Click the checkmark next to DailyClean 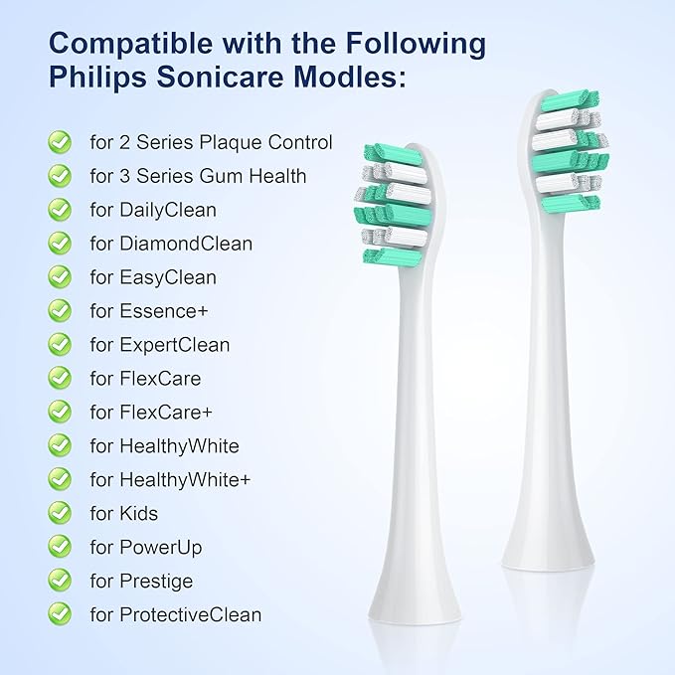point(61,210)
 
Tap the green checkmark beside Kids point(61,514)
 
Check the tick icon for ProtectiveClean point(61,615)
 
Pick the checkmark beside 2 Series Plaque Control point(61,142)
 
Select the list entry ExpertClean point(173,345)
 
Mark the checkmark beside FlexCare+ point(61,413)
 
